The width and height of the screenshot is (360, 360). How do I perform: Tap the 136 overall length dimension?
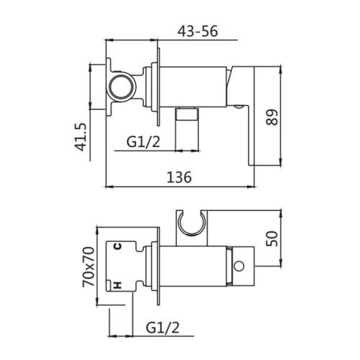[179, 176]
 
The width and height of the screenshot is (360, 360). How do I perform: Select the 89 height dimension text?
[271, 118]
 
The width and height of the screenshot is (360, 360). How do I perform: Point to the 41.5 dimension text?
[84, 136]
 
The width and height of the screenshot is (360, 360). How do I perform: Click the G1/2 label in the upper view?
[143, 142]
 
